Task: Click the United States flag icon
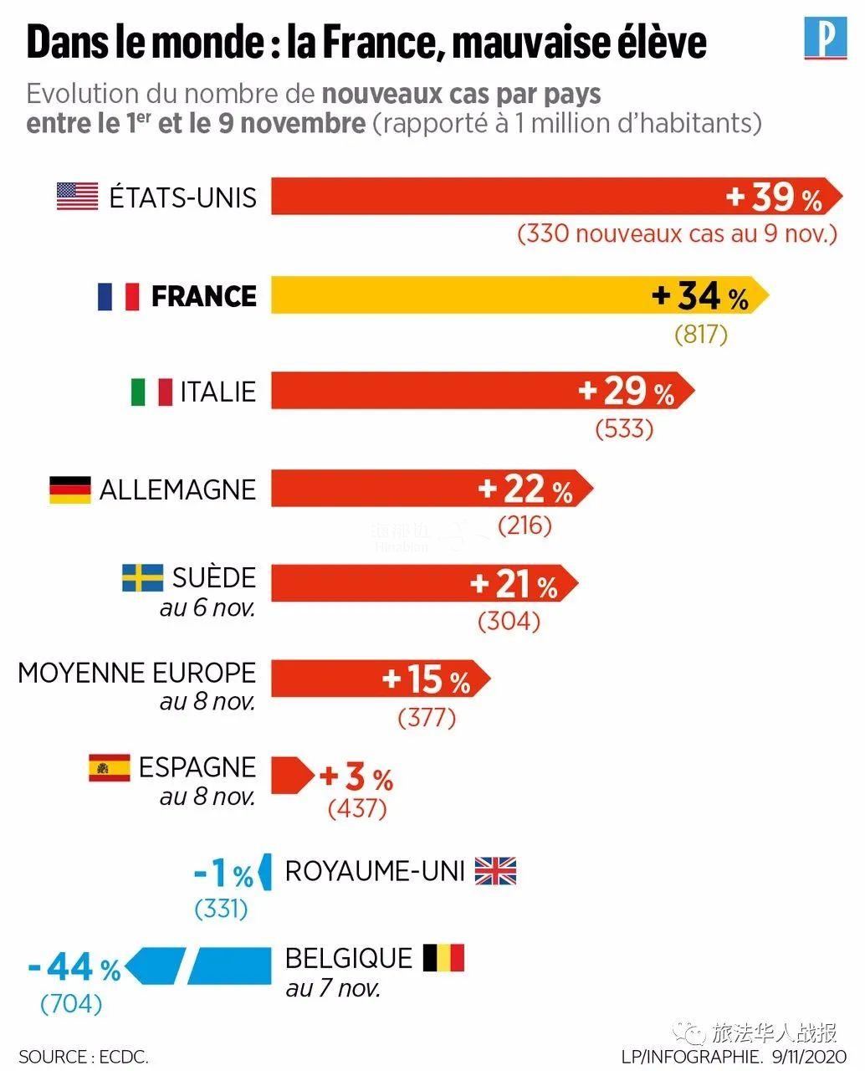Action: click(77, 197)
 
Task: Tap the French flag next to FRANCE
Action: click(118, 296)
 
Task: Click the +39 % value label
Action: click(775, 197)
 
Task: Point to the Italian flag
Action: click(151, 392)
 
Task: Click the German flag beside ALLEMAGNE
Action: click(70, 489)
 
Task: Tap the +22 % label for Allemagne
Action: click(525, 489)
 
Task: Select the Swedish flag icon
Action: click(143, 578)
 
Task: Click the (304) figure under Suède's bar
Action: click(509, 622)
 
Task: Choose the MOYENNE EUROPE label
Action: click(136, 673)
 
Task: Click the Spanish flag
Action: click(110, 767)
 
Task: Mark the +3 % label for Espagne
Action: click(356, 778)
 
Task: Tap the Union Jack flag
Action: click(495, 871)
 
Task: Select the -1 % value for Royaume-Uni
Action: click(224, 874)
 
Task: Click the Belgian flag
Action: click(443, 958)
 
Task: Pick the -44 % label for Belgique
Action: click(74, 969)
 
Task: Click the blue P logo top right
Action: click(825, 40)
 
